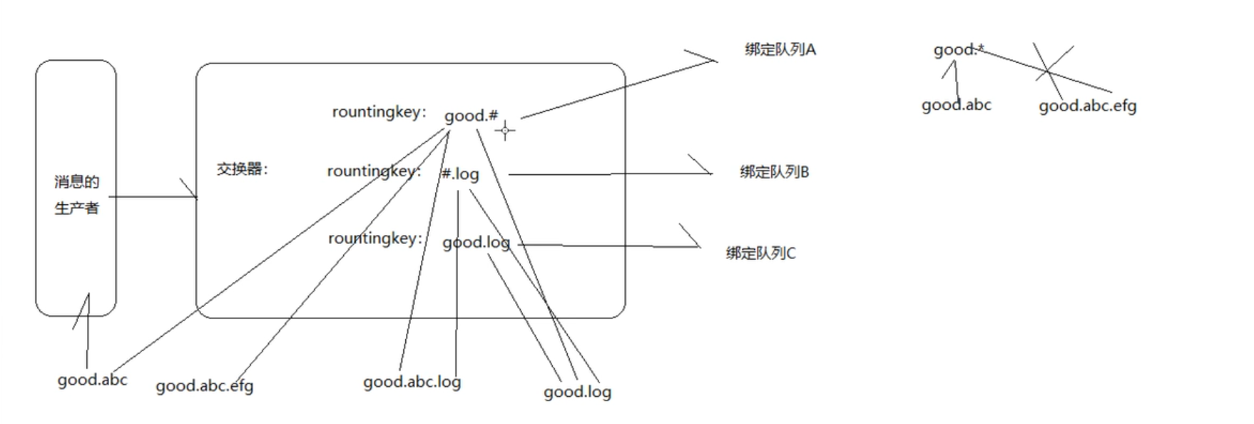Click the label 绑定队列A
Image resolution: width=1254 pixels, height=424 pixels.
click(x=780, y=49)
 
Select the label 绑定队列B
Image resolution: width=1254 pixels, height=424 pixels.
click(x=774, y=172)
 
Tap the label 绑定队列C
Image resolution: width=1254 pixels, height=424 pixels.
click(x=760, y=253)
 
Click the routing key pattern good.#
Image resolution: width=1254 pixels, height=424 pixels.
click(x=471, y=116)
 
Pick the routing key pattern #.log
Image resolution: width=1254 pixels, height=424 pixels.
click(x=460, y=174)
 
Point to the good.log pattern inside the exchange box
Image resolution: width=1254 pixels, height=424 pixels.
click(x=476, y=243)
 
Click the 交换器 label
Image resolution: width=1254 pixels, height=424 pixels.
click(x=242, y=169)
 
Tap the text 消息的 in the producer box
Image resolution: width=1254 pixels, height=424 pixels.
click(x=76, y=182)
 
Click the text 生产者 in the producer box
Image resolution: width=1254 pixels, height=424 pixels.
click(x=76, y=208)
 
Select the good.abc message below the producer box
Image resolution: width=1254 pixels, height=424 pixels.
click(x=92, y=380)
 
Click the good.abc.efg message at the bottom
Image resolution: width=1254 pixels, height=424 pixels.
click(x=205, y=386)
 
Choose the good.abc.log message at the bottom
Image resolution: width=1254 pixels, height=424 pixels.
click(x=412, y=382)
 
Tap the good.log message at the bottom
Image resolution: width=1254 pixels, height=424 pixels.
click(x=577, y=392)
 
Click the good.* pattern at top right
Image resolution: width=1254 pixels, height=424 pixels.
click(x=958, y=50)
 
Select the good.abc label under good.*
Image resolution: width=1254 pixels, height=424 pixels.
click(x=956, y=106)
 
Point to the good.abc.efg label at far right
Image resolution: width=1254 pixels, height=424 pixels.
click(x=1087, y=106)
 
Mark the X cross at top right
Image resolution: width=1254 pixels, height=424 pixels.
click(x=1047, y=71)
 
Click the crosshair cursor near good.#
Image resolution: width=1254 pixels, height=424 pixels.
click(x=505, y=131)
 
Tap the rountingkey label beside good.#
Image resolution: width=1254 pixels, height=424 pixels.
click(x=379, y=112)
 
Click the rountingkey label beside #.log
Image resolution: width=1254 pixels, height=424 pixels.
click(x=374, y=171)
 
